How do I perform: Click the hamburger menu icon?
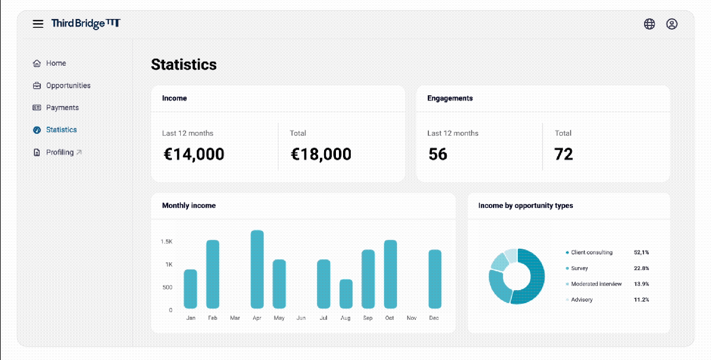[38, 24]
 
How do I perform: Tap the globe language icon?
[649, 24]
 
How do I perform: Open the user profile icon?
[671, 24]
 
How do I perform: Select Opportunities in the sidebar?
[68, 85]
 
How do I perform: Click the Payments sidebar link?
[62, 108]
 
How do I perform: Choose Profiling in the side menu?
[60, 152]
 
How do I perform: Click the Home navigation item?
[56, 63]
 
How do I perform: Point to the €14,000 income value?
[194, 155]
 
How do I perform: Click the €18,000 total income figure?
[321, 155]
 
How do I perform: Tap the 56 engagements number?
[438, 155]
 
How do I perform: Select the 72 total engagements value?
[563, 155]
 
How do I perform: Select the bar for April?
[257, 269]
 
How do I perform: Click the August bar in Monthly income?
[346, 294]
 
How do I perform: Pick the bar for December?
[435, 279]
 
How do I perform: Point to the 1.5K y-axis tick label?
[166, 242]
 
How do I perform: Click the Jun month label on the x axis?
[301, 318]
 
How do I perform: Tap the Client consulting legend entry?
[591, 252]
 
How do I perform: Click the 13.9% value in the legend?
[641, 284]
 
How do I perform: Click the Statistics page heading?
[184, 65]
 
